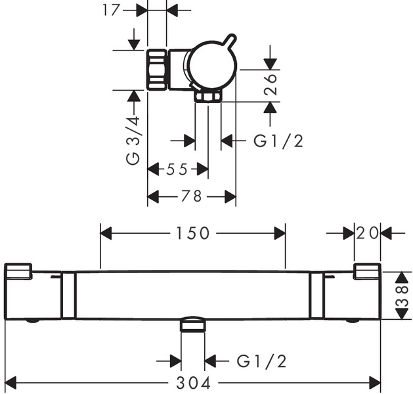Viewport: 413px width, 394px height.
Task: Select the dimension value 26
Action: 271,85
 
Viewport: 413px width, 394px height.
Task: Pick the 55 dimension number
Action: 177,169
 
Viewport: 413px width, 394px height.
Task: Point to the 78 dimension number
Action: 191,196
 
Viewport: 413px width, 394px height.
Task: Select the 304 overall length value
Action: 197,382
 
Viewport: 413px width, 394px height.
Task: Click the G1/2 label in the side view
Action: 278,141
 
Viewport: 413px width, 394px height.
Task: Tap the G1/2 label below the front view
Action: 261,361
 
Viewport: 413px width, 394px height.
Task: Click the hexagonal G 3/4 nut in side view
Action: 158,70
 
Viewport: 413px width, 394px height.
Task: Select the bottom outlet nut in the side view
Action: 208,98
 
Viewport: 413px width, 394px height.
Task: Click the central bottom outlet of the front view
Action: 193,324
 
